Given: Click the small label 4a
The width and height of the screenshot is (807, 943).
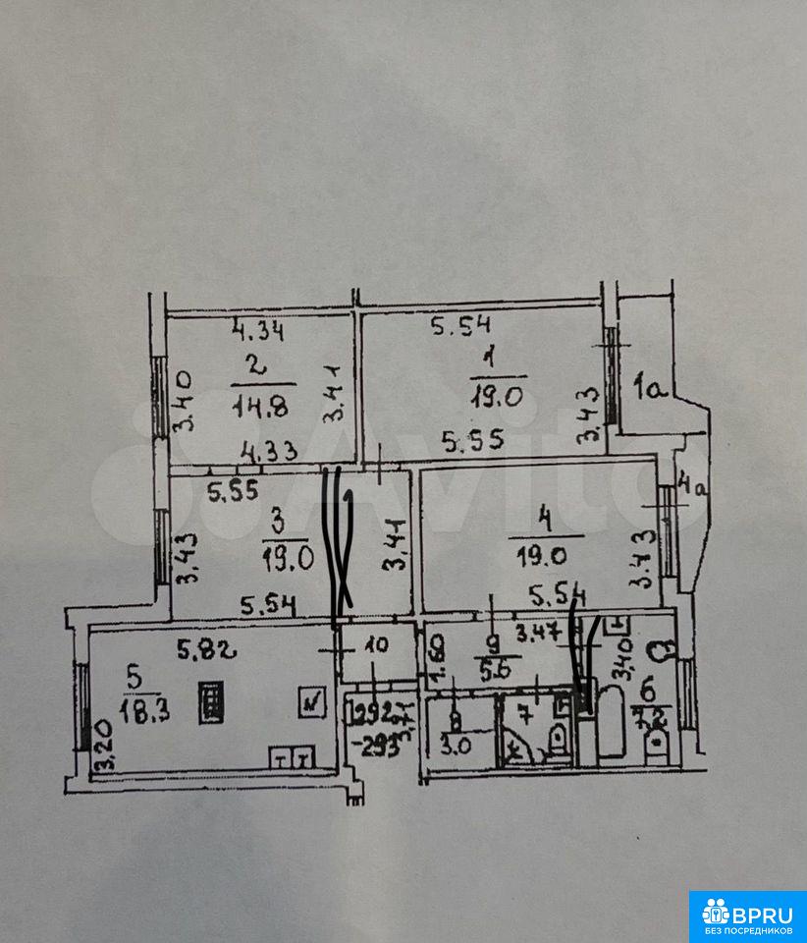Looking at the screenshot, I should pos(694,485).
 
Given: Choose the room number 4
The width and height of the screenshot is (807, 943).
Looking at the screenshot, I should pos(546,517).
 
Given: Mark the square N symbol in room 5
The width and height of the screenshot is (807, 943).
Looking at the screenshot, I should pos(313,701).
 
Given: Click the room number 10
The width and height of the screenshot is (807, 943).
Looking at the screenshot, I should pos(377,646).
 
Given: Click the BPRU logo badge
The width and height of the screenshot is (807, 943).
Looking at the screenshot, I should pos(747,915).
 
